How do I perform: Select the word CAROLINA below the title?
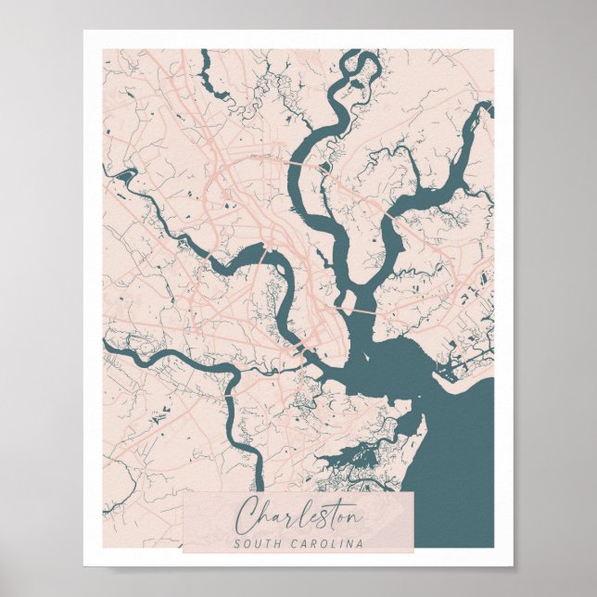(x=325, y=543)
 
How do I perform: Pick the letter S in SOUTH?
(x=238, y=543)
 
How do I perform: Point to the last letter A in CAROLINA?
(x=361, y=543)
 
